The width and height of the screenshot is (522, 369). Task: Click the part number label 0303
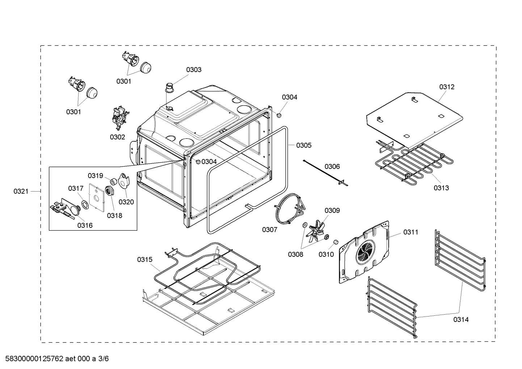click(x=194, y=70)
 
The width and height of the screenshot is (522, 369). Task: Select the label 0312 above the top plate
click(x=447, y=87)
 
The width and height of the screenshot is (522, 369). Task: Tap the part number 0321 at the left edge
click(x=21, y=191)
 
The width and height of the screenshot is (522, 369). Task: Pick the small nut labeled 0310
click(x=335, y=242)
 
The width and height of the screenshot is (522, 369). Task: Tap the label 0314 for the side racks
click(x=460, y=319)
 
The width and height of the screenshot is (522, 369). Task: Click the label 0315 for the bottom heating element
click(x=144, y=259)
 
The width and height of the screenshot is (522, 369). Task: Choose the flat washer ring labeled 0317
click(x=85, y=205)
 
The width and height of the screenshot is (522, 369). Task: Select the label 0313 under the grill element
click(x=441, y=188)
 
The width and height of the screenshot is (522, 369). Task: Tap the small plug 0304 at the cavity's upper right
click(x=279, y=115)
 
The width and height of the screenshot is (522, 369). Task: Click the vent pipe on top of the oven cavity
click(x=169, y=89)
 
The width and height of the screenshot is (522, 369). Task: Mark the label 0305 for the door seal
click(x=303, y=145)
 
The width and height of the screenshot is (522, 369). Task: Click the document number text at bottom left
click(x=55, y=359)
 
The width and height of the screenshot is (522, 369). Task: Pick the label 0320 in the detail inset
click(x=126, y=202)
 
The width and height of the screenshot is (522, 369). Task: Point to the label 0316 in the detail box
click(x=85, y=225)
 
